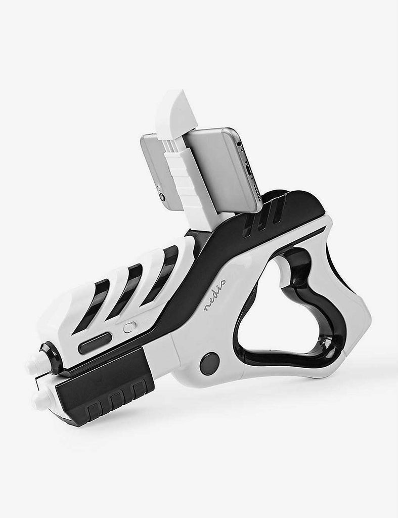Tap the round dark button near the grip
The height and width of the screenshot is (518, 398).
pos(209,364)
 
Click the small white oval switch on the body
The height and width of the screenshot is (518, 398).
pos(129,327)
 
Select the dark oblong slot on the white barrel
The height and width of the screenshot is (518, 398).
pos(95,342)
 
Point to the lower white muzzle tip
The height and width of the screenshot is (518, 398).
pos(40,401)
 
